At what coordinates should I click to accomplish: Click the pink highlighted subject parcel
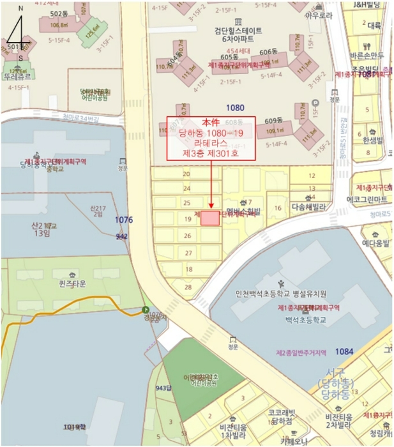[210, 218]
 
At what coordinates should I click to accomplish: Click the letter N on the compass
[20, 8]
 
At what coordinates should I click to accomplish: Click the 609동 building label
[273, 121]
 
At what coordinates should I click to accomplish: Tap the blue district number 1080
[236, 108]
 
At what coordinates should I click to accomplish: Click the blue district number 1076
[124, 220]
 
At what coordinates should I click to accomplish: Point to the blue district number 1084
[344, 351]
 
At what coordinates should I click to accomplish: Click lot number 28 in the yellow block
[188, 287]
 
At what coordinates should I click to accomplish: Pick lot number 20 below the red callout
[186, 174]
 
